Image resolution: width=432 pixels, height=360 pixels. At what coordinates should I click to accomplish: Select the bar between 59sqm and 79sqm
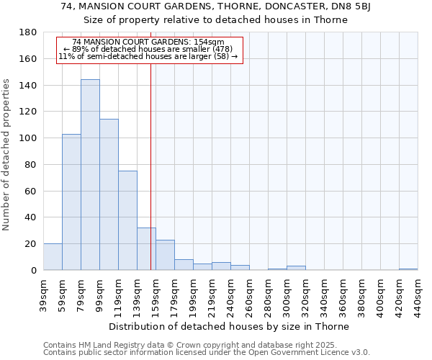coord(71,202)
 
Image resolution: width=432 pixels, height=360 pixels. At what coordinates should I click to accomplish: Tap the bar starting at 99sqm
coord(109,194)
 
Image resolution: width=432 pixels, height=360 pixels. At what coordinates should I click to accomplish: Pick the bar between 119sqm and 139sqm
coord(127,220)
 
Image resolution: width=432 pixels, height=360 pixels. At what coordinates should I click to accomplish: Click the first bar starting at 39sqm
coord(53,257)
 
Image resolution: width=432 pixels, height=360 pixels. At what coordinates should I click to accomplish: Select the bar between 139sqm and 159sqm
coord(146,249)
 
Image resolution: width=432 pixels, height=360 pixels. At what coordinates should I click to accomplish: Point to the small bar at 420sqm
coord(408,269)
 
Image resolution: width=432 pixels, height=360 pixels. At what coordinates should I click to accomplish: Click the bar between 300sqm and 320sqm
coord(296,268)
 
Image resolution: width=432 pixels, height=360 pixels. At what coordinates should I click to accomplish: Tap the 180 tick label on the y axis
coord(28,32)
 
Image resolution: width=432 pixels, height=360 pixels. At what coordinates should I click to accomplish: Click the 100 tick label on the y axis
coord(28,138)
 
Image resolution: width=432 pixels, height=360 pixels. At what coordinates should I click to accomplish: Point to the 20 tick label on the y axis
coord(31,244)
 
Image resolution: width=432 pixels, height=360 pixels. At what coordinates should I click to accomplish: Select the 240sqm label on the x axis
coord(230,295)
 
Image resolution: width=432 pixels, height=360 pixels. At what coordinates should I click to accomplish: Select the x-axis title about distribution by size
coord(230,326)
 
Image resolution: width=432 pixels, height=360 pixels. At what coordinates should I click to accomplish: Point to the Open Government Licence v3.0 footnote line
coord(207,353)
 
